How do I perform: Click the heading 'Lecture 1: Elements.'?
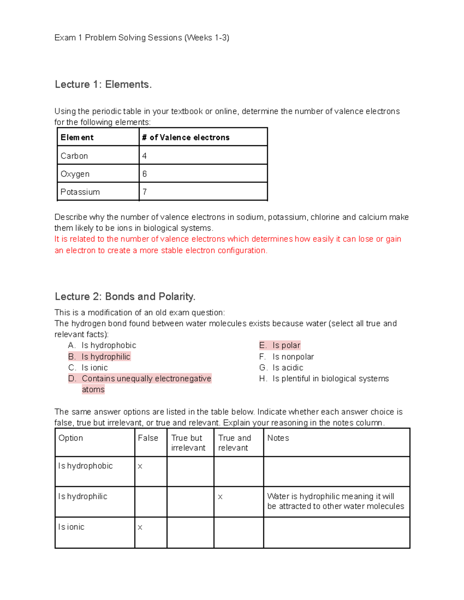click(103, 84)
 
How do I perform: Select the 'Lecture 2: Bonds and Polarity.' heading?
click(125, 296)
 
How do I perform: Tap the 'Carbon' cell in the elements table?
click(74, 156)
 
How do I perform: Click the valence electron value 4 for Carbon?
click(145, 156)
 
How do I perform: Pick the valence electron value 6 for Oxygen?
click(145, 174)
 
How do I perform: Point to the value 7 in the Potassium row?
click(145, 192)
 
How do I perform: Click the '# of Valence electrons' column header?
click(186, 138)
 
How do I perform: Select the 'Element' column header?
click(77, 138)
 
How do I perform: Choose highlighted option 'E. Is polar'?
click(280, 345)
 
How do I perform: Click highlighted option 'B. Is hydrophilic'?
click(99, 357)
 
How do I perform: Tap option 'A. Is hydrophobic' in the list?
click(102, 345)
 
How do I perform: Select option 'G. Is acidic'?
click(281, 367)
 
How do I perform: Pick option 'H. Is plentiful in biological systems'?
click(324, 379)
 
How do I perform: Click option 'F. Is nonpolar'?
click(287, 357)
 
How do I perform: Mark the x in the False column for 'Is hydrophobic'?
click(140, 467)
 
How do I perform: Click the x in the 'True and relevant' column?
click(220, 497)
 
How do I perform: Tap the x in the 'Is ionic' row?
click(140, 528)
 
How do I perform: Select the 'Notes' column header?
click(278, 438)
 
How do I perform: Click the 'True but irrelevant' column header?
click(188, 443)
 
